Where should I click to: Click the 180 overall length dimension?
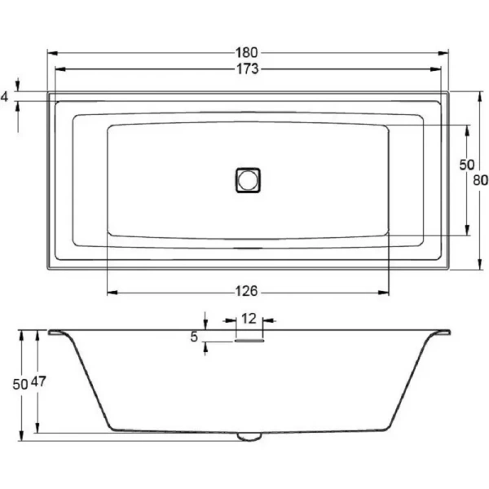(248, 54)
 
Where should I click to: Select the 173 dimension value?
(248, 70)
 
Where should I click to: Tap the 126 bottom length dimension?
(248, 291)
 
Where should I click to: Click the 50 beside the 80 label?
(466, 164)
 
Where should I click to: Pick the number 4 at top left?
(5, 97)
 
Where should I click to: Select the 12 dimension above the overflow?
(249, 319)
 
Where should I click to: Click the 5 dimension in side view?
(195, 337)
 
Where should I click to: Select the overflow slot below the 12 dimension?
(249, 341)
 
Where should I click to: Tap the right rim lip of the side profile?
(441, 333)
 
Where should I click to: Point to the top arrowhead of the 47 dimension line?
(38, 335)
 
